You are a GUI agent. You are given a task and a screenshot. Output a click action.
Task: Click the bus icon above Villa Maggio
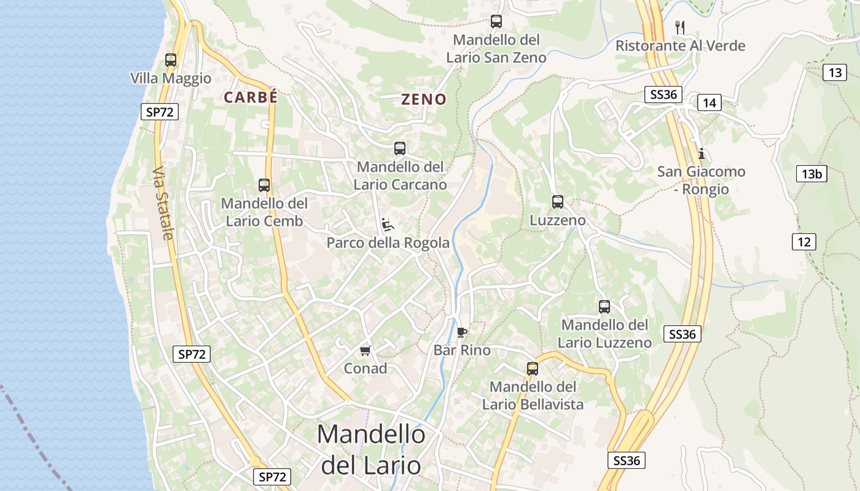[x=171, y=60]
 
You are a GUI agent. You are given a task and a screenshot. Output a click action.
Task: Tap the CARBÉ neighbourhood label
[x=251, y=98]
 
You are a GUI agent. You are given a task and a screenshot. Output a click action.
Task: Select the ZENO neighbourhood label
[x=424, y=99]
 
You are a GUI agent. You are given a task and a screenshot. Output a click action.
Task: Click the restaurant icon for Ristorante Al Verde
[x=679, y=28]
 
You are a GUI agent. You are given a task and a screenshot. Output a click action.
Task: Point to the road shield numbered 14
[x=709, y=102]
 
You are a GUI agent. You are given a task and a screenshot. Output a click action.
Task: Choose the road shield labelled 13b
[x=811, y=174]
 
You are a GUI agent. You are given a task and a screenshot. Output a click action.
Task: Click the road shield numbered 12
[x=804, y=242]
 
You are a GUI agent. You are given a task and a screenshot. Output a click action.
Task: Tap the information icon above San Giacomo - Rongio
[x=701, y=153]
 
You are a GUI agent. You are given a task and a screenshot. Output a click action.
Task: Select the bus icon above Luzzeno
[x=558, y=201]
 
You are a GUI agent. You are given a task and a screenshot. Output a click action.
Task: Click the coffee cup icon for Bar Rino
[x=462, y=333]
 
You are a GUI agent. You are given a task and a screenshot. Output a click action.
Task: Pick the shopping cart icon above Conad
[x=365, y=350]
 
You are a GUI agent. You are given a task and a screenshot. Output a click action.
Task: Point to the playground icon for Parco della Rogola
[x=388, y=225]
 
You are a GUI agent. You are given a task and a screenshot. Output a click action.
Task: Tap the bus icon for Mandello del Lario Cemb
[x=264, y=185]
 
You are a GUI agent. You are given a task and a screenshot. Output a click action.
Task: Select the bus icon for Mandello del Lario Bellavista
[x=533, y=369]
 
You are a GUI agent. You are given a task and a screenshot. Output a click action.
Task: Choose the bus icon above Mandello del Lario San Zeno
[x=496, y=21]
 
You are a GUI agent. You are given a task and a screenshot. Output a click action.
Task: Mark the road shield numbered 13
[x=835, y=73]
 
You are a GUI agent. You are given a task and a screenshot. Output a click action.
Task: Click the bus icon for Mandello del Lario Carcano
[x=400, y=148]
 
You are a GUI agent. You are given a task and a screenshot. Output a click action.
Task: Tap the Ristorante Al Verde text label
[x=681, y=46]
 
